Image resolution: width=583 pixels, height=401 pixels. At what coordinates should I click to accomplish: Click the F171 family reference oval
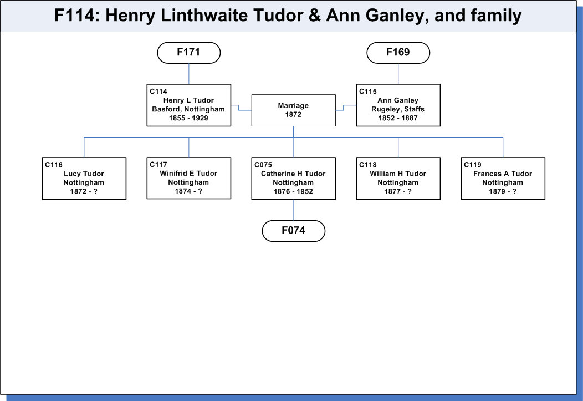pyautogui.click(x=189, y=53)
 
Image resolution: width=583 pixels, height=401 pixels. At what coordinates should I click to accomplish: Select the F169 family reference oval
pyautogui.click(x=398, y=53)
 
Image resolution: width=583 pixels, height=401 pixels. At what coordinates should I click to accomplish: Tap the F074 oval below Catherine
pyautogui.click(x=294, y=231)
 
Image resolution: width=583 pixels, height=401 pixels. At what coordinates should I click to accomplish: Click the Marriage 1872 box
pyautogui.click(x=294, y=110)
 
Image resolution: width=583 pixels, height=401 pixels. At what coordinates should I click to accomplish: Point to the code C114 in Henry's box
pyautogui.click(x=158, y=92)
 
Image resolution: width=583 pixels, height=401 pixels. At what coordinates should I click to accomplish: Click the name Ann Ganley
pyautogui.click(x=398, y=100)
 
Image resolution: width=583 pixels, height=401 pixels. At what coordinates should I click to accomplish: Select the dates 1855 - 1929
pyautogui.click(x=188, y=118)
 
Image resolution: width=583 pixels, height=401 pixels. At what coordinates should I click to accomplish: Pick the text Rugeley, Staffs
pyautogui.click(x=398, y=109)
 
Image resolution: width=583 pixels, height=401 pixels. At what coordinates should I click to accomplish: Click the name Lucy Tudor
pyautogui.click(x=84, y=174)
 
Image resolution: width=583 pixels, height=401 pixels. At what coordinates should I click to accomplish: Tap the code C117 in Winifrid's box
pyautogui.click(x=158, y=164)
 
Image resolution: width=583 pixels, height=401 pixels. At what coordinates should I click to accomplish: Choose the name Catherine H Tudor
pyautogui.click(x=293, y=174)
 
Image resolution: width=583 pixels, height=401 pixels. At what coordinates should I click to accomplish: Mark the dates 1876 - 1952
pyautogui.click(x=293, y=191)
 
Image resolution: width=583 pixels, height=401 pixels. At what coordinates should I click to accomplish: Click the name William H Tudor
pyautogui.click(x=398, y=174)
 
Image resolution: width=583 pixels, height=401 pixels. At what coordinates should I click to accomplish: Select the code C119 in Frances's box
pyautogui.click(x=473, y=165)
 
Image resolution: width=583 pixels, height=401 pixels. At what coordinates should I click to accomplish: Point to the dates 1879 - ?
pyautogui.click(x=503, y=191)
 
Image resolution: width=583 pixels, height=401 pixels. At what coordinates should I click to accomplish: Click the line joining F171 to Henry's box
pyautogui.click(x=189, y=74)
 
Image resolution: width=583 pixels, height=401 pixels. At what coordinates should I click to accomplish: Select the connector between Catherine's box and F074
pyautogui.click(x=294, y=210)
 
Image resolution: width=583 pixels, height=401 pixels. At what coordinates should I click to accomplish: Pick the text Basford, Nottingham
pyautogui.click(x=188, y=109)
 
